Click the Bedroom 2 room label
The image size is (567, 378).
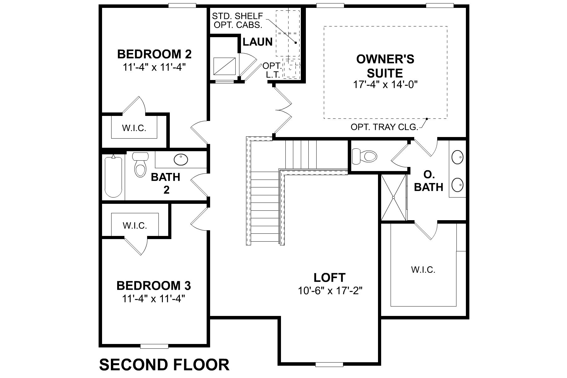tap(154, 54)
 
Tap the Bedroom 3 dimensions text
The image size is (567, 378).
tap(153, 298)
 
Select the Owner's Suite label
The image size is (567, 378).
tap(385, 66)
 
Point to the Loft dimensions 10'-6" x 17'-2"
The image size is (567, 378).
tap(330, 290)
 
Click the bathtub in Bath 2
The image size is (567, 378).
tap(113, 176)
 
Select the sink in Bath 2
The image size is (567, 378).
tap(181, 159)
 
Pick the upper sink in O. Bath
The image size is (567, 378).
tap(457, 157)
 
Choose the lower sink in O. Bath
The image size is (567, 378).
tap(457, 185)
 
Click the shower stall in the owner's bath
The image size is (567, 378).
tap(393, 198)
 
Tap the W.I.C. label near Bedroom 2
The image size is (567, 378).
tap(134, 128)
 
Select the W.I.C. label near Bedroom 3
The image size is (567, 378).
tap(135, 226)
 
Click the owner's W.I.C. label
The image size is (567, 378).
tap(423, 270)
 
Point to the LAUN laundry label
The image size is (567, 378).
tap(257, 42)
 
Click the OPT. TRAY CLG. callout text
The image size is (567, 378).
tap(384, 127)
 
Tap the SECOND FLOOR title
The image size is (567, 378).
tap(164, 365)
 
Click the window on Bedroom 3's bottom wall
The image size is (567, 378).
tap(154, 346)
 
